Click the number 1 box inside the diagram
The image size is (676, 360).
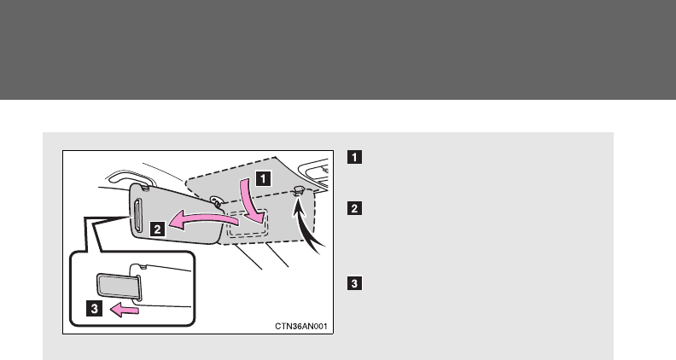(x=265, y=180)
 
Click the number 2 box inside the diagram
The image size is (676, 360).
(x=159, y=228)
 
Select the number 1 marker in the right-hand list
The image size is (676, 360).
(x=353, y=157)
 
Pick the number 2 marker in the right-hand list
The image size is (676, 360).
(x=353, y=207)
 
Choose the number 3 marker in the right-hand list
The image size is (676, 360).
(x=353, y=282)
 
